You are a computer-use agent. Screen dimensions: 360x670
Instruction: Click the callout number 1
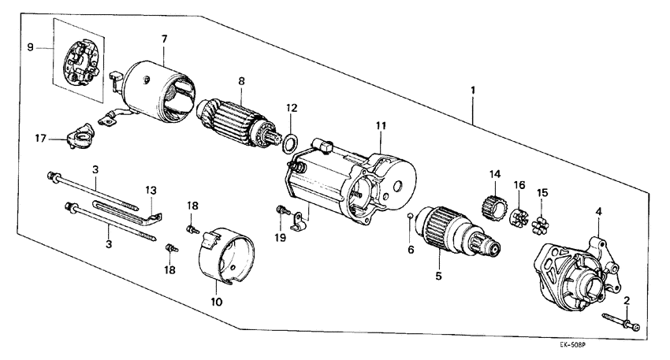coord(472,91)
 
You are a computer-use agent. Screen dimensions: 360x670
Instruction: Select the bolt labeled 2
coord(619,320)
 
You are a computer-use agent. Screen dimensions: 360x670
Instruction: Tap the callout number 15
coord(542,193)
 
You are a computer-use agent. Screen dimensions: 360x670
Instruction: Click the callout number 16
coord(519,185)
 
